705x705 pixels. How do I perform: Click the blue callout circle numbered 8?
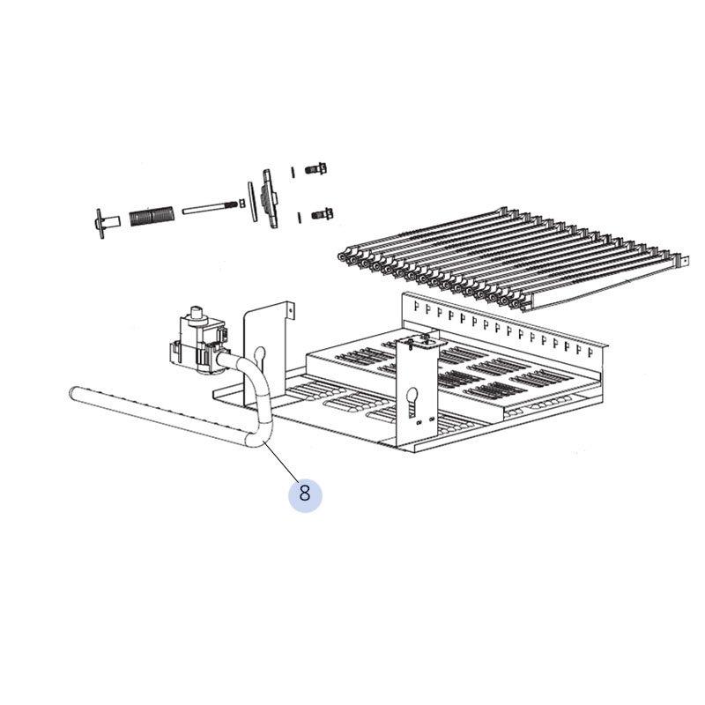tap(305, 493)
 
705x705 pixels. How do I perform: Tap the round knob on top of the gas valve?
tap(197, 314)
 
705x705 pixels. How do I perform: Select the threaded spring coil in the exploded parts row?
tap(151, 216)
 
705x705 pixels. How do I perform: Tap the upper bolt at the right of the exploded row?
tap(316, 169)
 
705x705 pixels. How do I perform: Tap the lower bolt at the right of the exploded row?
tap(322, 213)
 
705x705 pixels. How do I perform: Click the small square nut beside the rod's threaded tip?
tap(241, 204)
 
